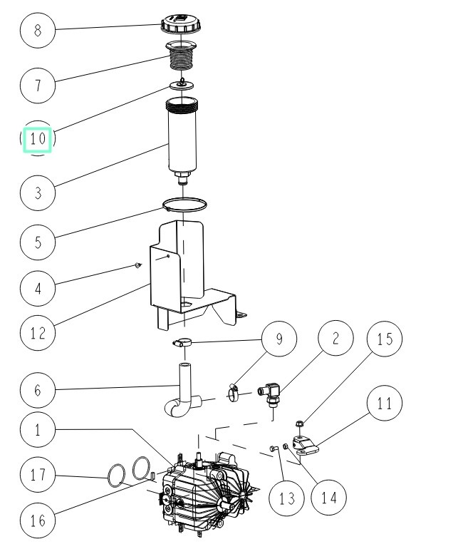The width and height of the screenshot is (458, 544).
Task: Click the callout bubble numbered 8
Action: tap(38, 31)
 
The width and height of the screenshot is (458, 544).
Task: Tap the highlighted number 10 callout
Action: tap(38, 139)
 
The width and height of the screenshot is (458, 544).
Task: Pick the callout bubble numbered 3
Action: tap(38, 193)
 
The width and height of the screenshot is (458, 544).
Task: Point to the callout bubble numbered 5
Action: tap(38, 242)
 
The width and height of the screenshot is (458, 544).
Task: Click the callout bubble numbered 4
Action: tap(38, 289)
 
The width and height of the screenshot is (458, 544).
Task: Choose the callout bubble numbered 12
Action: tap(38, 333)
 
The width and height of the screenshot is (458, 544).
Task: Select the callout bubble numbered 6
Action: tap(38, 390)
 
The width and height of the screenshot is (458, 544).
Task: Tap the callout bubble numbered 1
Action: tap(38, 430)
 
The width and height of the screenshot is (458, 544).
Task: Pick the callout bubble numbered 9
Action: tap(279, 340)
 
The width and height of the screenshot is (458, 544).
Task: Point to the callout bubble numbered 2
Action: tap(333, 340)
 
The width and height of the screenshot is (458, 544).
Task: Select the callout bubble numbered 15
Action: tap(385, 340)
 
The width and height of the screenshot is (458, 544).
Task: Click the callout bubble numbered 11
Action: tap(385, 404)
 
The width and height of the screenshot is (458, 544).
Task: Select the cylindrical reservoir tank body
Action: tap(182, 139)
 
